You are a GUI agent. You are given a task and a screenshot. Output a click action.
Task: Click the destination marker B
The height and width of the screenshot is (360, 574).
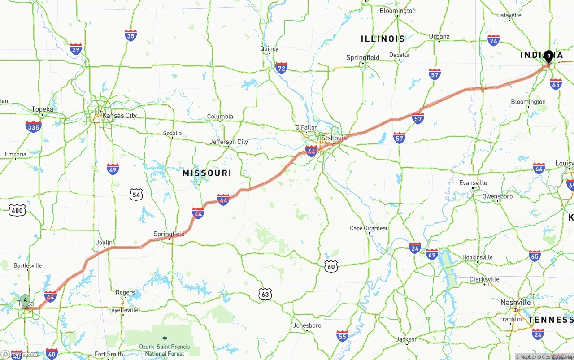(548, 56)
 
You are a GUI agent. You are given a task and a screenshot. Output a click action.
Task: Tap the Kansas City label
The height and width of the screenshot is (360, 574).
(119, 116)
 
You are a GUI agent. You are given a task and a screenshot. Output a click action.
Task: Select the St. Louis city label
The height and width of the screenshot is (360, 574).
(334, 138)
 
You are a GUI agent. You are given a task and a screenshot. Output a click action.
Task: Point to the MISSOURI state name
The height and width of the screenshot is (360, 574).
(207, 173)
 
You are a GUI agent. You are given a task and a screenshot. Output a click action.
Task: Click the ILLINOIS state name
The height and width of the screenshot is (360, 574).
(383, 39)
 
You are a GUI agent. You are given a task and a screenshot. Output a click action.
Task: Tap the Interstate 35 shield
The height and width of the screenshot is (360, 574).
(130, 35)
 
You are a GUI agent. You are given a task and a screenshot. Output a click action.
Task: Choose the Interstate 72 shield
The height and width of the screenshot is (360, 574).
(281, 68)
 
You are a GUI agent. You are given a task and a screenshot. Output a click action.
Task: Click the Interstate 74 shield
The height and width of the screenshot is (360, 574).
(493, 40)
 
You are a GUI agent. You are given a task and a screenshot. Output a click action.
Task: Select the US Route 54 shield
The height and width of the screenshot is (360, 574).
(136, 195)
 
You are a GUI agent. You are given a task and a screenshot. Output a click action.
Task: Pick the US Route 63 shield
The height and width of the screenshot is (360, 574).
(265, 294)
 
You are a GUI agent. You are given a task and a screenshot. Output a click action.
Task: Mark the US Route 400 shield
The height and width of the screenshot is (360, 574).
(17, 210)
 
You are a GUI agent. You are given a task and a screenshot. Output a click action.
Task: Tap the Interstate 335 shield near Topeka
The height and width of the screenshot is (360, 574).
(33, 127)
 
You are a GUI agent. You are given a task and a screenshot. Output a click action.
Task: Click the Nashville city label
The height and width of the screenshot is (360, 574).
(515, 303)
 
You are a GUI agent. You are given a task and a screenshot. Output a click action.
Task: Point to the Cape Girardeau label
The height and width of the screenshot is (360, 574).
(369, 228)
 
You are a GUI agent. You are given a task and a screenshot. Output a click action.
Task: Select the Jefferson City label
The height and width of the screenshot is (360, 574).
(229, 142)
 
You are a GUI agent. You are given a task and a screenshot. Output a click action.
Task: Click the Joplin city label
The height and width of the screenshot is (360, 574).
(104, 243)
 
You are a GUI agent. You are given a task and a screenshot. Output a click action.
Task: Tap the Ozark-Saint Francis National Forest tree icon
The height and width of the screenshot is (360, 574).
(165, 338)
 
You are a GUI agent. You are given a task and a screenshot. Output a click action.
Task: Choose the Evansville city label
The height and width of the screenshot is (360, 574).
(473, 183)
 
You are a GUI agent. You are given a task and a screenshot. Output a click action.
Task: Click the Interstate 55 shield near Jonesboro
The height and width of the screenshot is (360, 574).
(342, 336)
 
